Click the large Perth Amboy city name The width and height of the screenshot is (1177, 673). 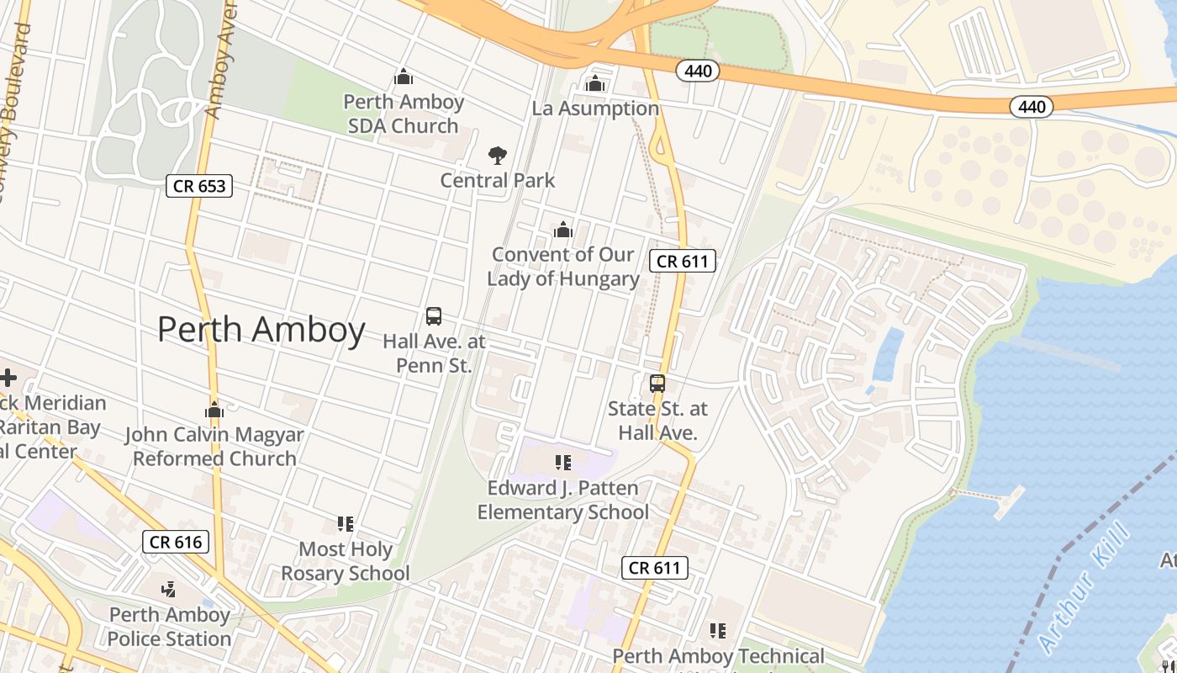click(261, 330)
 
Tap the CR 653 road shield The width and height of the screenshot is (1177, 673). click(198, 186)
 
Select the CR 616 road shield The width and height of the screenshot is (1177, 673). click(176, 542)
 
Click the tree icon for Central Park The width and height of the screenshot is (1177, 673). click(498, 155)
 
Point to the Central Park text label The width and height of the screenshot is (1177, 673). click(498, 180)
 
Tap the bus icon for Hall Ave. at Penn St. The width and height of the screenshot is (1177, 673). click(434, 316)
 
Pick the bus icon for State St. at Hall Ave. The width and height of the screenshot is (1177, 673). click(657, 384)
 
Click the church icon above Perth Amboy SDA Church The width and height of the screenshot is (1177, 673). click(404, 77)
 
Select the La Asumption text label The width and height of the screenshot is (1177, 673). click(595, 109)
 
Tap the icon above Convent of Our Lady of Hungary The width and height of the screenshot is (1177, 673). click(563, 230)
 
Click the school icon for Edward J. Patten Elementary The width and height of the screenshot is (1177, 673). click(563, 462)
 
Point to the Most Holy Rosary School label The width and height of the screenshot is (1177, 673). click(346, 561)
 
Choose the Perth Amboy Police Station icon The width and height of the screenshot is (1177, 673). click(169, 589)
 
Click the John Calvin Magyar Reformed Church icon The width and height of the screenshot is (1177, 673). click(214, 411)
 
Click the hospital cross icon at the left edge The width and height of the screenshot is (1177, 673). click(8, 377)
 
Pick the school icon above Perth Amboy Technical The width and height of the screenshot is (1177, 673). click(718, 630)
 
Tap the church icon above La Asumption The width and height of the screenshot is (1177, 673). click(595, 83)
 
